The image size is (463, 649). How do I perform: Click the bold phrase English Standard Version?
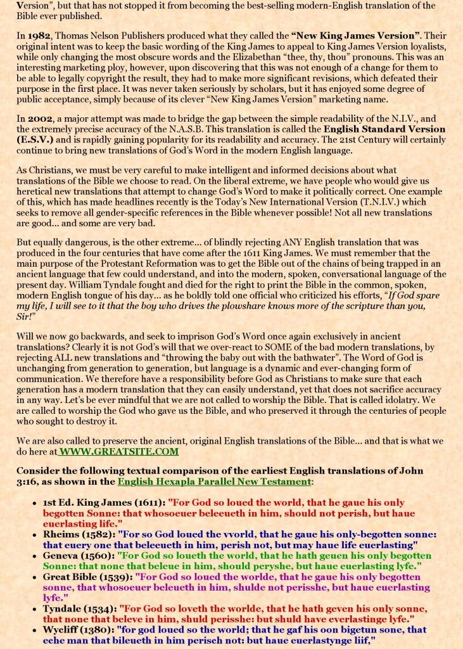[x=384, y=129]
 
